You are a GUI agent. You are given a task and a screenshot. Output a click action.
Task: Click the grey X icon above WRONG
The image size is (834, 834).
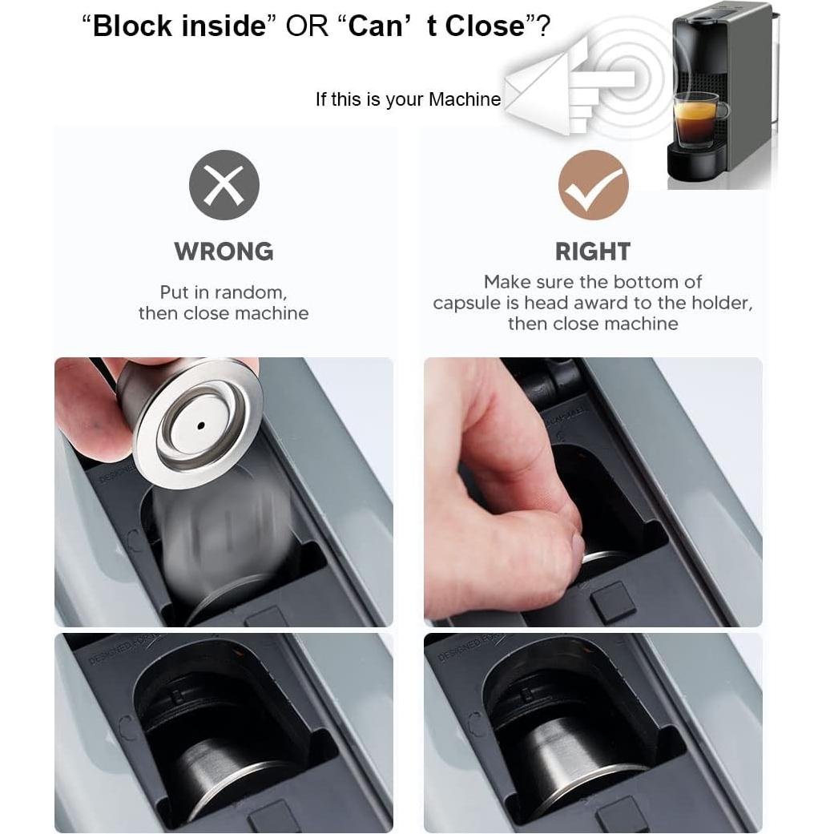tap(224, 185)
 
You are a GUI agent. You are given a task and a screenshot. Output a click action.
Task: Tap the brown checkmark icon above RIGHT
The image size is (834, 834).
tap(593, 185)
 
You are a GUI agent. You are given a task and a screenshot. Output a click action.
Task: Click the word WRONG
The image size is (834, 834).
tap(224, 252)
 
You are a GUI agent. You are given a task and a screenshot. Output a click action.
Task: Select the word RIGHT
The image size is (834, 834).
tap(593, 252)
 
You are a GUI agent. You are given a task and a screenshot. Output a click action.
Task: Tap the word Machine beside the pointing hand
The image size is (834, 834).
tap(465, 100)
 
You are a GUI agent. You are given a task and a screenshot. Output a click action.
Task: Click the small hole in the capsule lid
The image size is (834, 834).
tap(201, 425)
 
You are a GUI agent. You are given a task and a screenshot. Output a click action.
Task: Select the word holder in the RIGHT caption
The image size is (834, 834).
tap(719, 304)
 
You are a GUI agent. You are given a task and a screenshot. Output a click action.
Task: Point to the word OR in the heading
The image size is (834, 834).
tap(308, 26)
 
